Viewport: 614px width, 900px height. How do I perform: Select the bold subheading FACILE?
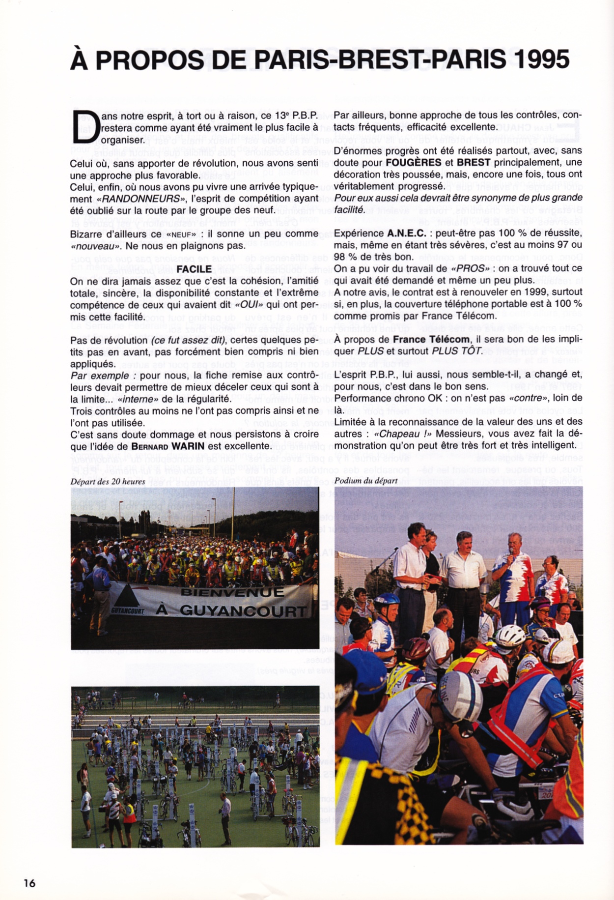194,269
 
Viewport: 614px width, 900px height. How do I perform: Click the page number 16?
29,882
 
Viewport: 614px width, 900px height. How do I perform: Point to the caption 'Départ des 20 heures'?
108,481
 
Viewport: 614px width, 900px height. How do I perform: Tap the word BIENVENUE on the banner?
232,592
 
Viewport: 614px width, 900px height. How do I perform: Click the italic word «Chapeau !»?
403,434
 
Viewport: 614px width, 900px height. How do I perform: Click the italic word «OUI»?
248,305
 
